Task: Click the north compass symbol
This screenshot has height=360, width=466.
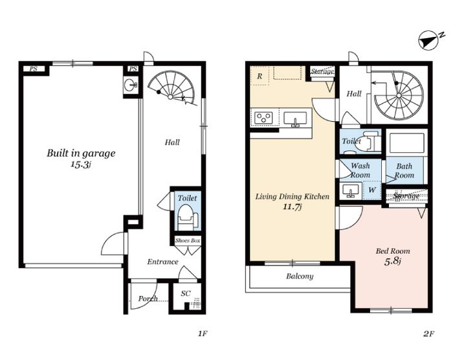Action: (429, 41)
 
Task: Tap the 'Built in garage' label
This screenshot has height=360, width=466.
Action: (81, 153)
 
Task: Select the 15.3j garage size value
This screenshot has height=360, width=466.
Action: (80, 164)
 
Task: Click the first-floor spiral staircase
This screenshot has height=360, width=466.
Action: (172, 88)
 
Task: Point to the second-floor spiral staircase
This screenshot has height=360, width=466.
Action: (398, 95)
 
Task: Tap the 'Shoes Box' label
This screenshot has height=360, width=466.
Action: (187, 240)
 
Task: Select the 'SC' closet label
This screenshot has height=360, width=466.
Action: (186, 293)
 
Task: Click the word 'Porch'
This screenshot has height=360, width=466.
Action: (148, 298)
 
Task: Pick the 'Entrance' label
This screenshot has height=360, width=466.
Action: (162, 262)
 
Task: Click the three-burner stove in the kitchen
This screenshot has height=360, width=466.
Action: (263, 117)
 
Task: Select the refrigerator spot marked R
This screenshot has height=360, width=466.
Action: (260, 76)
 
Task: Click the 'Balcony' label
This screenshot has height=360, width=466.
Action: (300, 276)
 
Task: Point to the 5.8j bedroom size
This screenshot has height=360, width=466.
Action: (393, 262)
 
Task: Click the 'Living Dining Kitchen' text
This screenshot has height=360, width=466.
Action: (293, 196)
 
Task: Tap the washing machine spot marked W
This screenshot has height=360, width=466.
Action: (372, 190)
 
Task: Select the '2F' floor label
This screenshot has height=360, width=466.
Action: (428, 334)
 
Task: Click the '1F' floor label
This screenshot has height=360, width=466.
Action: (203, 334)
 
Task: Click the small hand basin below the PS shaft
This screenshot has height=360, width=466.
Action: (131, 85)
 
